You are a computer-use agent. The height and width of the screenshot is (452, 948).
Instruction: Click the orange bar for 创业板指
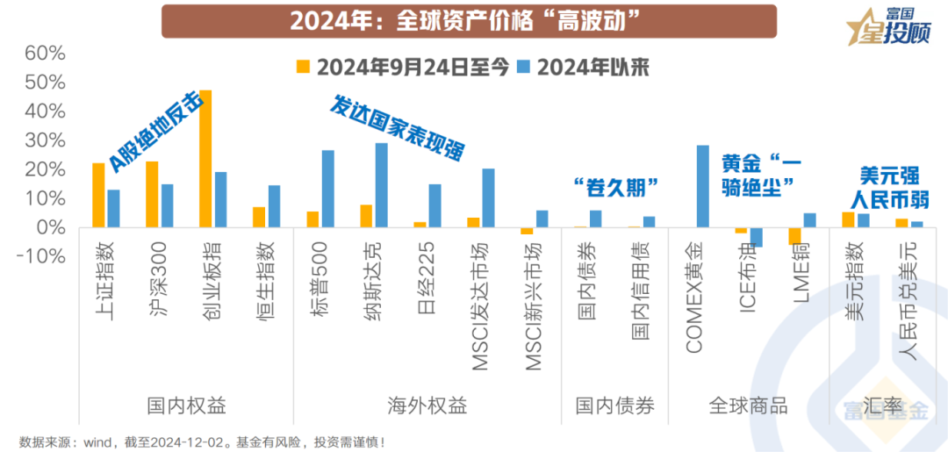coord(205,159)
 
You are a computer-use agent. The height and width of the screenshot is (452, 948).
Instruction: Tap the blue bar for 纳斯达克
coord(381,185)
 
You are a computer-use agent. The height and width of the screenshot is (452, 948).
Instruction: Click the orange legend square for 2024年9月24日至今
coord(305,68)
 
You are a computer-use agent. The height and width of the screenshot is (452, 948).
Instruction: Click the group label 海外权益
coord(427,406)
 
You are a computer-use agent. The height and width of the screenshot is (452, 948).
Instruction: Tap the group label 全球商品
coord(748,406)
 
